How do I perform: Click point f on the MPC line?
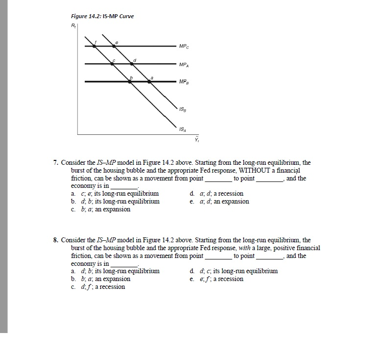[x=95, y=46]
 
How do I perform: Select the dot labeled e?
[x=115, y=46]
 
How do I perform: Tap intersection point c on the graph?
[x=112, y=63]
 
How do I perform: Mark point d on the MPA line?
[x=132, y=63]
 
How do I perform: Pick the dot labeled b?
[x=130, y=81]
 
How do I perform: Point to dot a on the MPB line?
[x=149, y=81]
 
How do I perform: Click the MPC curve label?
[x=184, y=47]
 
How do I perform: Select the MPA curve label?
[x=184, y=64]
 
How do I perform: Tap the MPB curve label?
[x=184, y=82]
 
